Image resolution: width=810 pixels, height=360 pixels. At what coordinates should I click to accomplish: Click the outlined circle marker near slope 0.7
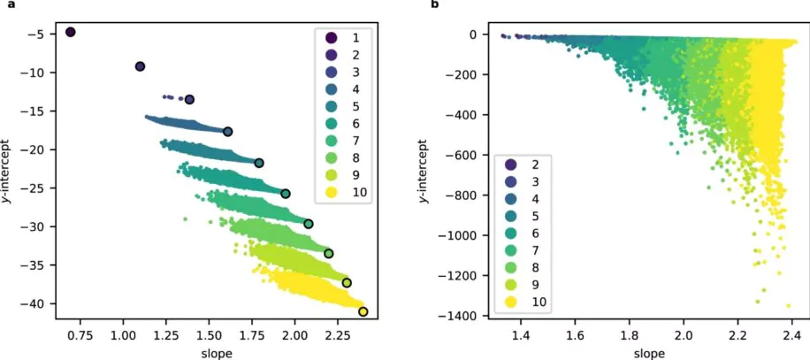pos(71,32)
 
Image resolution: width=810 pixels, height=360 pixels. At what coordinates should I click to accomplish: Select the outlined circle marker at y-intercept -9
pos(140,66)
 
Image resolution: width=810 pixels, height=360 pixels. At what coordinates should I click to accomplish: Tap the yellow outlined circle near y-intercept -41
pos(363,311)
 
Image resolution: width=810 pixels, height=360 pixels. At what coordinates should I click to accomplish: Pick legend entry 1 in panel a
pos(342,38)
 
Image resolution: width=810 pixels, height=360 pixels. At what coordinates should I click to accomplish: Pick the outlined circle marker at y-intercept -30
pos(309,224)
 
